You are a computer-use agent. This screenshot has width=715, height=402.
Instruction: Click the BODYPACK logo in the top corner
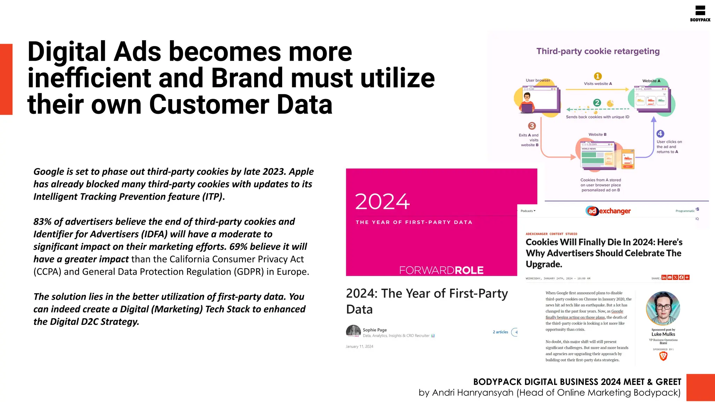pyautogui.click(x=700, y=13)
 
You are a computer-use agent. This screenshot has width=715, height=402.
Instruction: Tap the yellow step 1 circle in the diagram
pyautogui.click(x=598, y=76)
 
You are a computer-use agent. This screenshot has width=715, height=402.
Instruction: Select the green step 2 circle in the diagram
pyautogui.click(x=597, y=103)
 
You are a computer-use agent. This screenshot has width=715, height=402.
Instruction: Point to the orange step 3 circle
pyautogui.click(x=532, y=126)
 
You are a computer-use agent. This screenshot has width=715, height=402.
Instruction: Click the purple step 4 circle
pyautogui.click(x=660, y=134)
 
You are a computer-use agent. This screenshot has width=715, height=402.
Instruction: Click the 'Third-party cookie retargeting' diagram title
pyautogui.click(x=598, y=51)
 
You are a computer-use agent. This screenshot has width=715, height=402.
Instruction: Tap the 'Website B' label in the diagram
pyautogui.click(x=597, y=134)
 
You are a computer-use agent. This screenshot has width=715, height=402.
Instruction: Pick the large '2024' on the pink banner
pyautogui.click(x=382, y=202)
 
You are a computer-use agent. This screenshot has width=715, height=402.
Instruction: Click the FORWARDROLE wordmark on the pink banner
pyautogui.click(x=441, y=270)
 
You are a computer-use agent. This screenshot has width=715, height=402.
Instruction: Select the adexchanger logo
pyautogui.click(x=608, y=211)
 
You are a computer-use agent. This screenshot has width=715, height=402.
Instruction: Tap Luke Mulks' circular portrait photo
pyautogui.click(x=663, y=308)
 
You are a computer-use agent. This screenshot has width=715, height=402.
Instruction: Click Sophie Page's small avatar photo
pyautogui.click(x=353, y=331)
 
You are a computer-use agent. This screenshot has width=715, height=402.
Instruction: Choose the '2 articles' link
pyautogui.click(x=500, y=332)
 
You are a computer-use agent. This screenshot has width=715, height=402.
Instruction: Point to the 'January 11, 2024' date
pyautogui.click(x=359, y=347)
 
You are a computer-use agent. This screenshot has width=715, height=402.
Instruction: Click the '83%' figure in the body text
pyautogui.click(x=42, y=222)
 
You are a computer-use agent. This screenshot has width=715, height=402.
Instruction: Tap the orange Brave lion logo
pyautogui.click(x=663, y=356)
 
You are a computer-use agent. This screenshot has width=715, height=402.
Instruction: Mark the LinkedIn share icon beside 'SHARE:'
pyautogui.click(x=664, y=277)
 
